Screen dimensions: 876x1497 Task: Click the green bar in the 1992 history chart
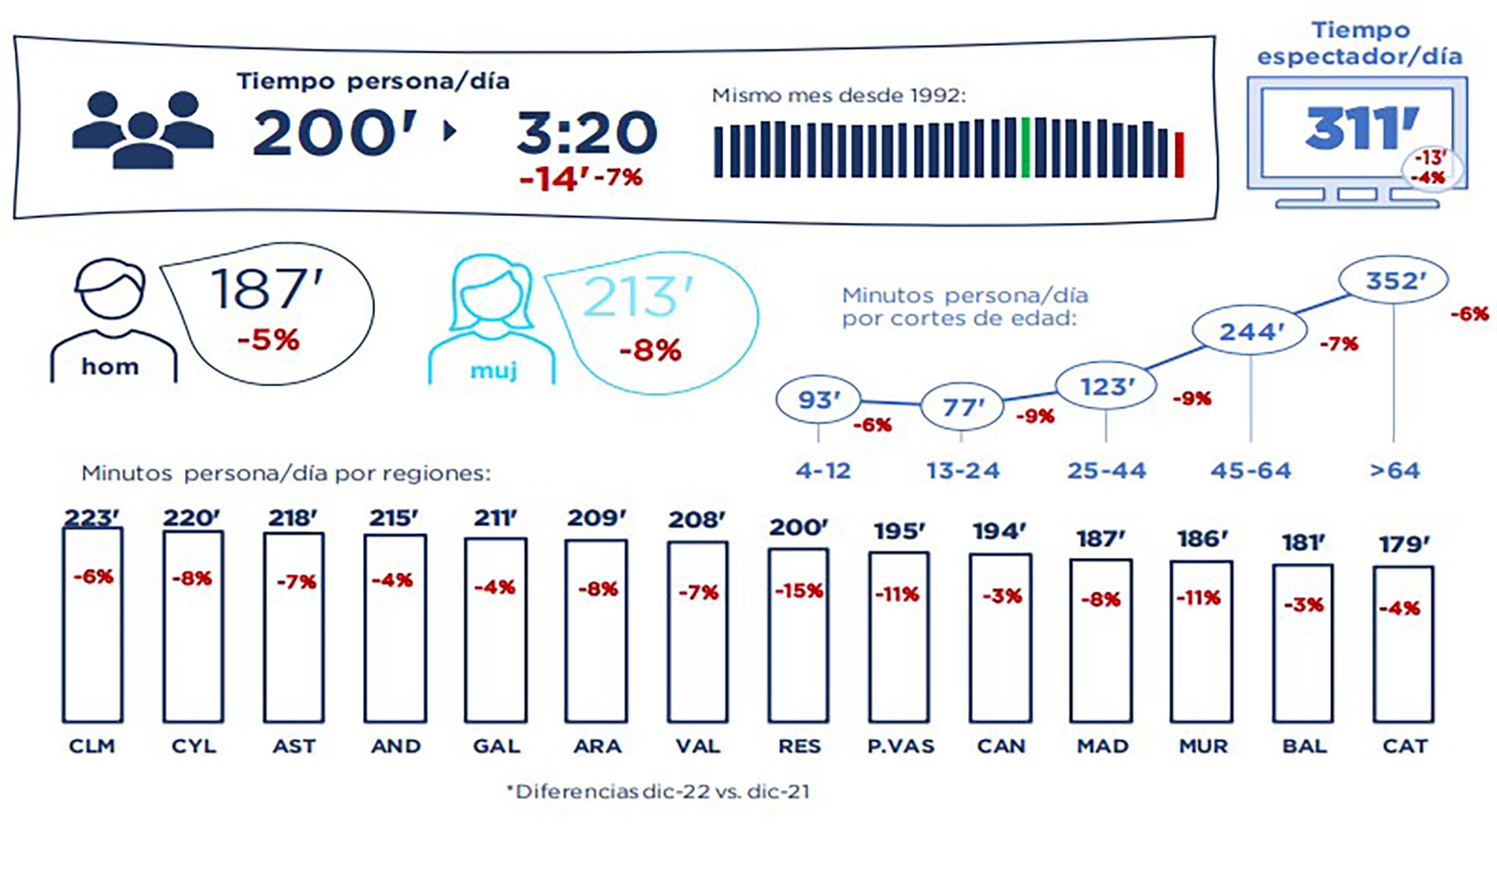point(1025,147)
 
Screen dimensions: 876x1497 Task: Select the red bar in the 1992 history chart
point(1180,155)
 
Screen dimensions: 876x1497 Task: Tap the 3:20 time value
point(587,133)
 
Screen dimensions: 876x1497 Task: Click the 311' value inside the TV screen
point(1362,129)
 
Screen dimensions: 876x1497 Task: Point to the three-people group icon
point(142,129)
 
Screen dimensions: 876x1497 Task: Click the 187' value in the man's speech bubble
point(266,289)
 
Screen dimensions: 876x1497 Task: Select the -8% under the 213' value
point(650,350)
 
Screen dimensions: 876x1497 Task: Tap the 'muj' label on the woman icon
point(493,370)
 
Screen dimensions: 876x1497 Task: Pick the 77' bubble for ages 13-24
point(962,407)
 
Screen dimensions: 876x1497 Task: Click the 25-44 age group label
point(1106,471)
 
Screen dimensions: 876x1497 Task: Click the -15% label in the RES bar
point(799,591)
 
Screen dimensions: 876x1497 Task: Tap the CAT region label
point(1405,746)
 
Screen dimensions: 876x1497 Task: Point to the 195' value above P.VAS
point(900,531)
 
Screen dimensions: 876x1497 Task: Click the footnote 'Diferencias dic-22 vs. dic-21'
point(658,791)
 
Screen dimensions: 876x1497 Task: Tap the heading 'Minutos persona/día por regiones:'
point(286,474)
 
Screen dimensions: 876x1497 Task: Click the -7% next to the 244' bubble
point(1338,344)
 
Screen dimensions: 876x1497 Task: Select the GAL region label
point(496,746)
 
